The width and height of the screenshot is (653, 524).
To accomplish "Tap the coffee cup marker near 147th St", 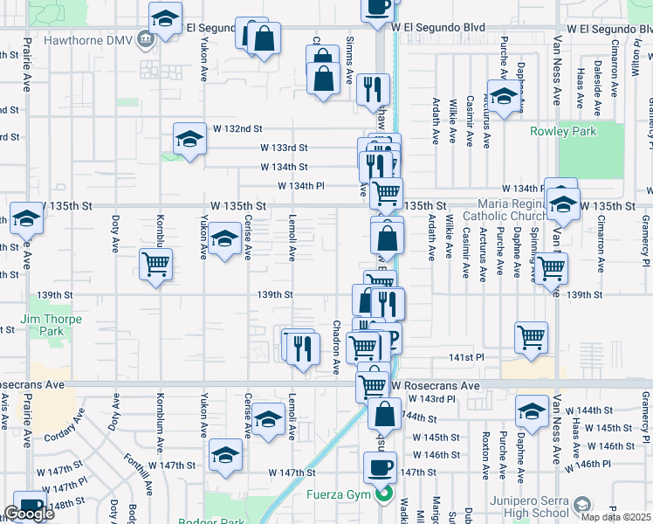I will coord(380,468).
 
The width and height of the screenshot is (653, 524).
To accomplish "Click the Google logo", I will coord(29,514).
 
